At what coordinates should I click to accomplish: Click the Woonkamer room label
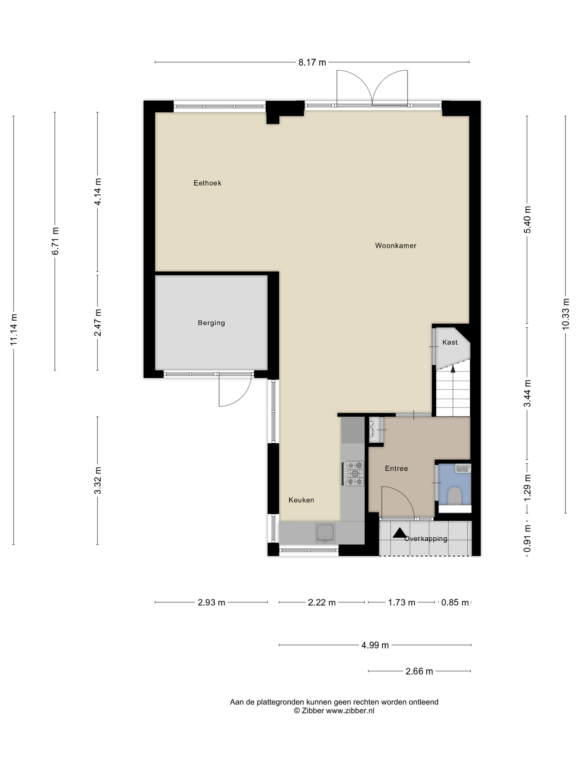pyautogui.click(x=396, y=246)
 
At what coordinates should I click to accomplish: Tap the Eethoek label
pyautogui.click(x=207, y=183)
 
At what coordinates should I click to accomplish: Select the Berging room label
pyautogui.click(x=211, y=323)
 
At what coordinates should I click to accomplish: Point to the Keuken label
pyautogui.click(x=301, y=500)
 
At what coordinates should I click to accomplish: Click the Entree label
pyautogui.click(x=396, y=469)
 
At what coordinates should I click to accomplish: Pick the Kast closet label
pyautogui.click(x=450, y=342)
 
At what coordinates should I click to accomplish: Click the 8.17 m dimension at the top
pyautogui.click(x=312, y=63)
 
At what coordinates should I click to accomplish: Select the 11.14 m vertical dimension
pyautogui.click(x=14, y=330)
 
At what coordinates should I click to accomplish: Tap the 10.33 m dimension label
pyautogui.click(x=565, y=314)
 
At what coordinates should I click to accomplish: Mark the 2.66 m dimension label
pyautogui.click(x=419, y=671)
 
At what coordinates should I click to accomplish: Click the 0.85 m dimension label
pyautogui.click(x=455, y=603)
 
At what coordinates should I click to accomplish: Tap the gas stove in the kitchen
pyautogui.click(x=354, y=474)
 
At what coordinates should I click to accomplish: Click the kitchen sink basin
pyautogui.click(x=325, y=533)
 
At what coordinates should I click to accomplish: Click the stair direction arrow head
pyautogui.click(x=453, y=369)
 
